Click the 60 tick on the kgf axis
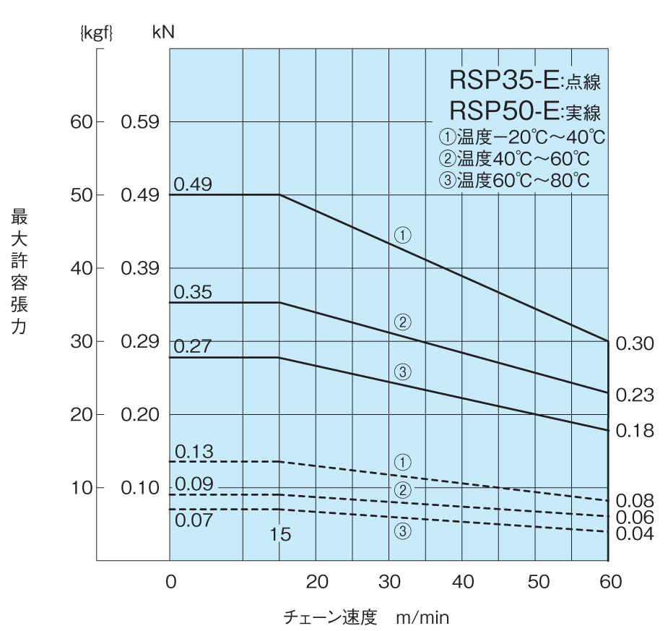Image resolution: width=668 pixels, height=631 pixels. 82,121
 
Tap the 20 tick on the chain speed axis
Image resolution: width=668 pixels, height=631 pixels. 317,581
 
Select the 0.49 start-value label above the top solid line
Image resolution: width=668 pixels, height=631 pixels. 193,184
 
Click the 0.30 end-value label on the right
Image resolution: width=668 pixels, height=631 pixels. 635,343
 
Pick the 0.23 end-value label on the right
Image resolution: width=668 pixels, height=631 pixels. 635,395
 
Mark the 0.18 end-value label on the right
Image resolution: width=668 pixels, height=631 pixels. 635,431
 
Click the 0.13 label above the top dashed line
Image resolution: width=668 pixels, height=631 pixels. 194,452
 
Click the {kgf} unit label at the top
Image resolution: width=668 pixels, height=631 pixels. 96,33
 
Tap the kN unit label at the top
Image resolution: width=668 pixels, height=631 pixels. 163,33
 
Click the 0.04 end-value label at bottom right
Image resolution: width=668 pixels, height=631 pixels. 635,533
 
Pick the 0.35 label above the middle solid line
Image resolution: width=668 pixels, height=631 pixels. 193,292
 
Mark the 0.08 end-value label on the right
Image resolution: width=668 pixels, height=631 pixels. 635,500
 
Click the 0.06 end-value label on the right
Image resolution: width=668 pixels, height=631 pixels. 635,517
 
